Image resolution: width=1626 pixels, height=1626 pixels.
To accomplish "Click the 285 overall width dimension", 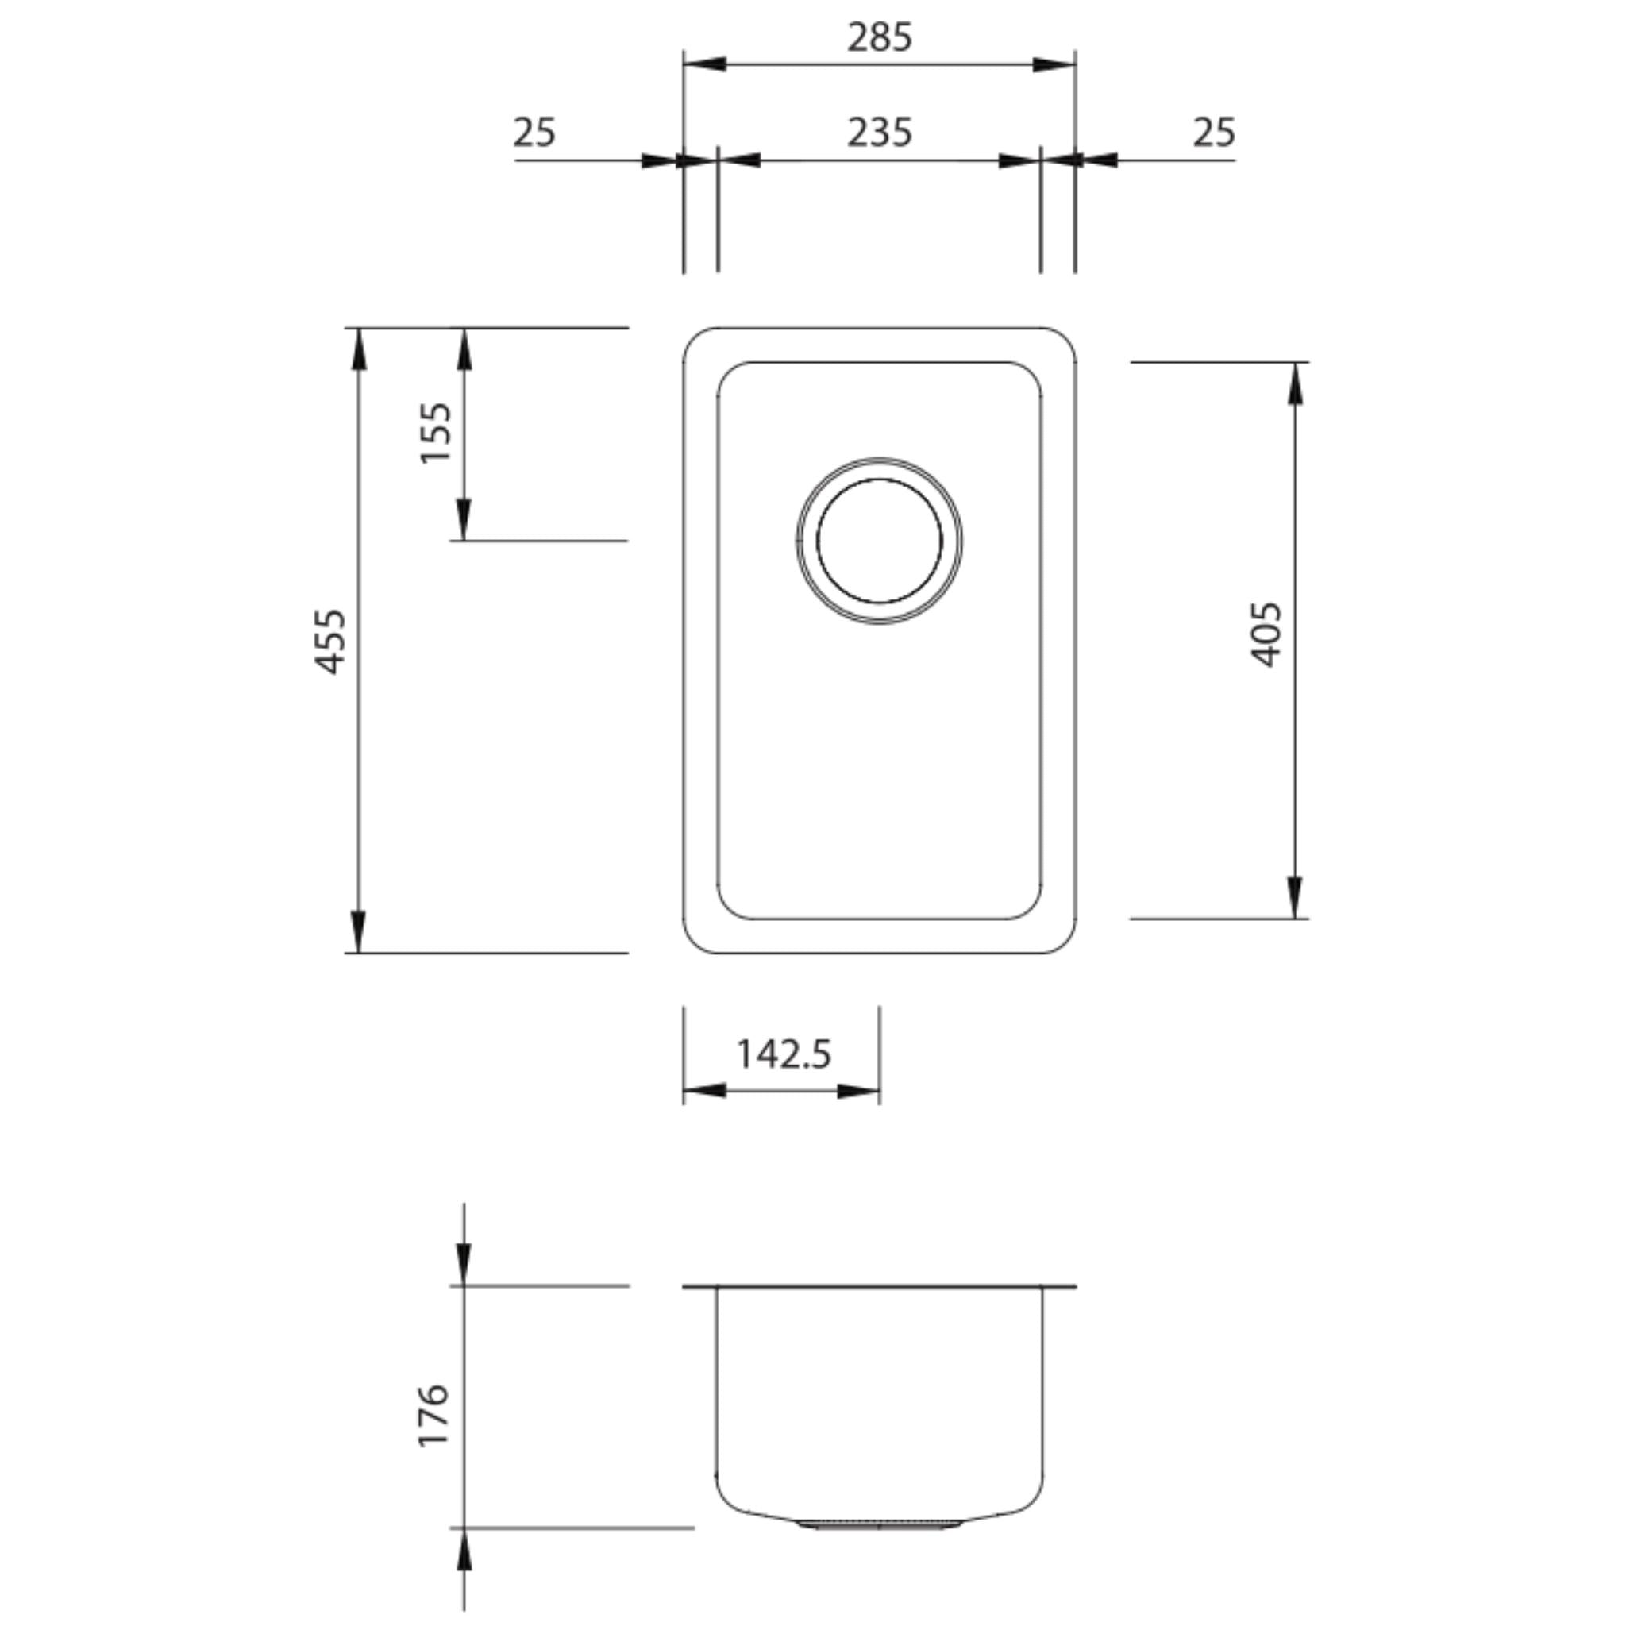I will [879, 38].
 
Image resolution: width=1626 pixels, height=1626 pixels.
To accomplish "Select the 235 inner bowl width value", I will [879, 133].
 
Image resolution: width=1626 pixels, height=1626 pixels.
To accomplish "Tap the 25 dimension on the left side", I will [534, 133].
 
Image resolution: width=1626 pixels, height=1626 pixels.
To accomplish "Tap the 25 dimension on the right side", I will [1214, 133].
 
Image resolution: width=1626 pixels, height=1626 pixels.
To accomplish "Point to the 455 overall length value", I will [330, 642].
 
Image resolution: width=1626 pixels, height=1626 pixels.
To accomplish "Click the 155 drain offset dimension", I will [436, 432].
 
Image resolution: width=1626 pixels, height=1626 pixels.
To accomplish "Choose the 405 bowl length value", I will [1266, 634].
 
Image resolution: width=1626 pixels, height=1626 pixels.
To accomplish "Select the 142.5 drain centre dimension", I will [784, 1054].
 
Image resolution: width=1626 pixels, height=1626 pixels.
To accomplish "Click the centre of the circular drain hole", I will [879, 541].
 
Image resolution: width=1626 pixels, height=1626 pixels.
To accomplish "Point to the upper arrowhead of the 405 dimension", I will [1294, 383].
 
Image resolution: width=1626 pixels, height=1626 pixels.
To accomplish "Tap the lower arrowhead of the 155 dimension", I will [464, 520].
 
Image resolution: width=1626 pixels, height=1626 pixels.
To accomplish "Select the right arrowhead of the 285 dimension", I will [1054, 64].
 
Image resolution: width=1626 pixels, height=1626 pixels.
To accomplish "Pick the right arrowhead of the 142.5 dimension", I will [858, 1092].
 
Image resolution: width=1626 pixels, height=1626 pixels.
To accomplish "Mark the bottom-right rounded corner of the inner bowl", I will [1032, 909].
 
